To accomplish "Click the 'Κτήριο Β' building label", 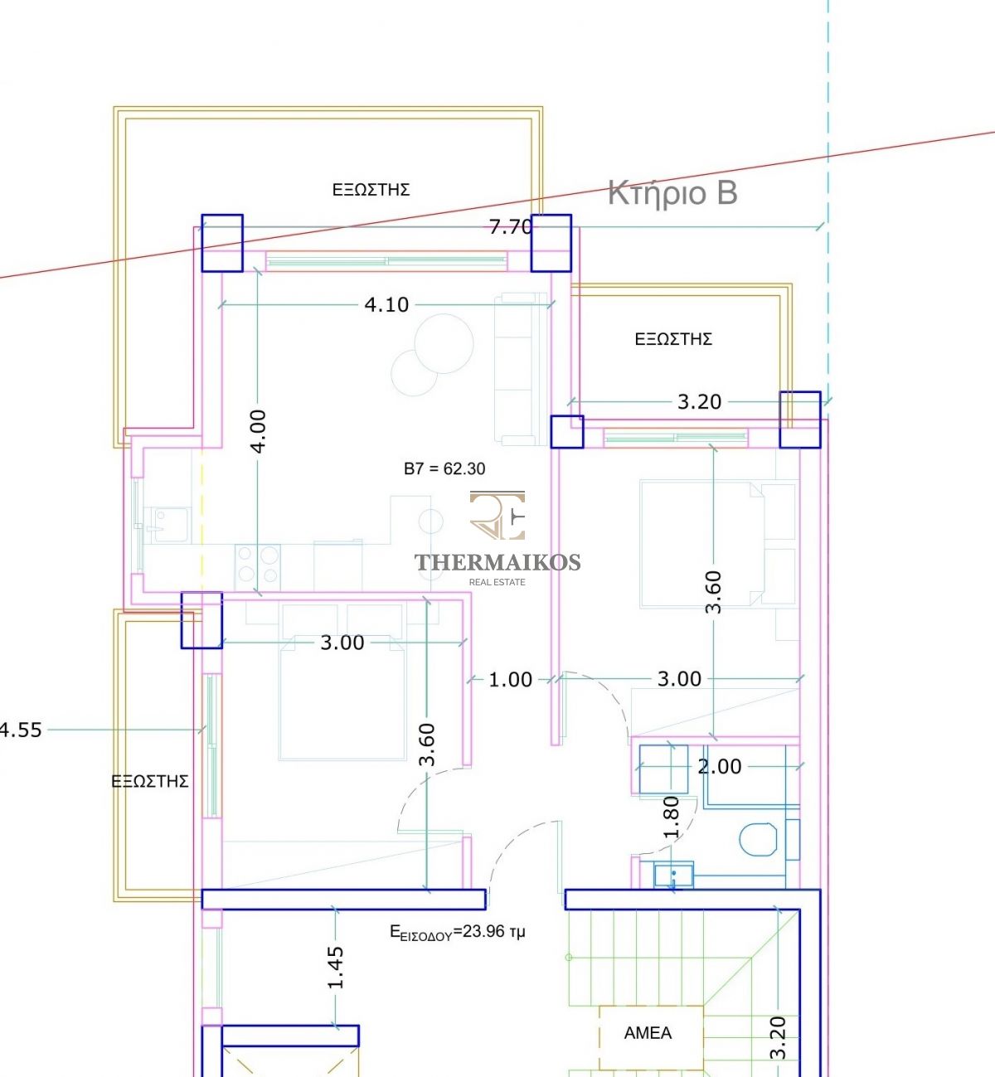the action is coord(672,194).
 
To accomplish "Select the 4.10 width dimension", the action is coord(386,305).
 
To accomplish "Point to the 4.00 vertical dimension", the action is coord(259,431).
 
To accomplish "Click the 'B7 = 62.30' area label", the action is coord(444,468).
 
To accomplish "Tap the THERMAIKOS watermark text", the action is coord(498,562).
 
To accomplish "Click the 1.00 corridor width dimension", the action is coord(511,680).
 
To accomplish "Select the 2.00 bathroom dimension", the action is coord(720,767).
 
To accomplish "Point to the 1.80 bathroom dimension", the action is coord(671,818).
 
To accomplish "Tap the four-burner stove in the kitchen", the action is coord(258,567).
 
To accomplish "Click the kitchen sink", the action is coord(170,525).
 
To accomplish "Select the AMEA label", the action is coord(648,1033).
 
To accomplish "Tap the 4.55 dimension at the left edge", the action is coord(20,730).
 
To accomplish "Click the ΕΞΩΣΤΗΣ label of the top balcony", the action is coord(371,190).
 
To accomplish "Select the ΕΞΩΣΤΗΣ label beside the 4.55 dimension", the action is coord(150,782).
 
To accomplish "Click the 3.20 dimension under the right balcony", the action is coord(699,402).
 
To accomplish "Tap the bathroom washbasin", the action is coord(673,875).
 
